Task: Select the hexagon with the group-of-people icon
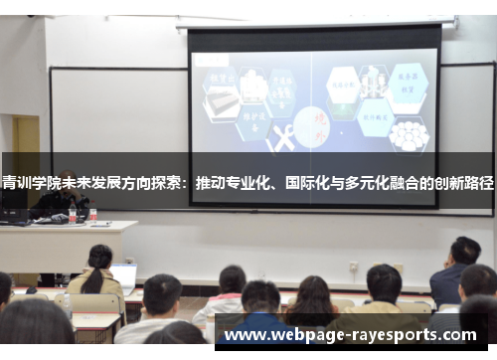408,134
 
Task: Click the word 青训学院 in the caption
29,184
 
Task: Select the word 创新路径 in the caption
463,184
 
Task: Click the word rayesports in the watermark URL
414,334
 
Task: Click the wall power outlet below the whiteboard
353,267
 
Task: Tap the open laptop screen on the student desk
124,276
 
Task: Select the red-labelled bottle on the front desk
92,215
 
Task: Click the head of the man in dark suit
463,252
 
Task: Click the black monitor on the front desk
14,215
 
